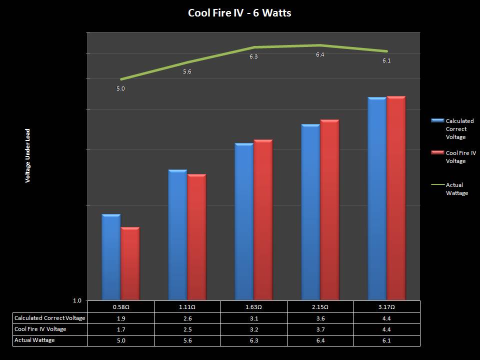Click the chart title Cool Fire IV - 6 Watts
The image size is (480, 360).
[239, 13]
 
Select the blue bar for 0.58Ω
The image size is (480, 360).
[111, 257]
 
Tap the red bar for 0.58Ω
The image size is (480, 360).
[130, 264]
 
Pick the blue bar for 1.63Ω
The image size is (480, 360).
[244, 222]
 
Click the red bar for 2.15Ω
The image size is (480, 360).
[329, 210]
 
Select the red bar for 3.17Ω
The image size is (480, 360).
[396, 198]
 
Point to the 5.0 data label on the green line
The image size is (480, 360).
[120, 88]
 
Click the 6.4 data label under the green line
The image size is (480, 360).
[320, 54]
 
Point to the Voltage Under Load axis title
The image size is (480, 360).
[28, 155]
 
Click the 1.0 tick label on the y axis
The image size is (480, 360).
[77, 300]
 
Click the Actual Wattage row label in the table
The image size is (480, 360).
[35, 340]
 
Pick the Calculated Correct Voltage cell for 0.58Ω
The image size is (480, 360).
[120, 318]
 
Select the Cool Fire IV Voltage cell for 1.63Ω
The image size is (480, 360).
[253, 329]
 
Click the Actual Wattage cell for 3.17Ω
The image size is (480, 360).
[386, 340]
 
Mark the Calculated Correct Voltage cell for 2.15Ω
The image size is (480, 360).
[320, 318]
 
